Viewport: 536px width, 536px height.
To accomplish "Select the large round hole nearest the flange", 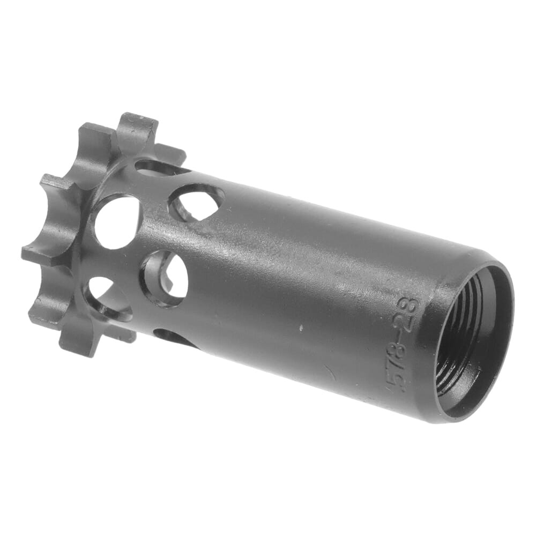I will pos(117,221).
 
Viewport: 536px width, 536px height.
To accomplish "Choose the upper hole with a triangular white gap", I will pos(196,202).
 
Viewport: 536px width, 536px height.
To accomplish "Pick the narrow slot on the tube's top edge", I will pos(161,167).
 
